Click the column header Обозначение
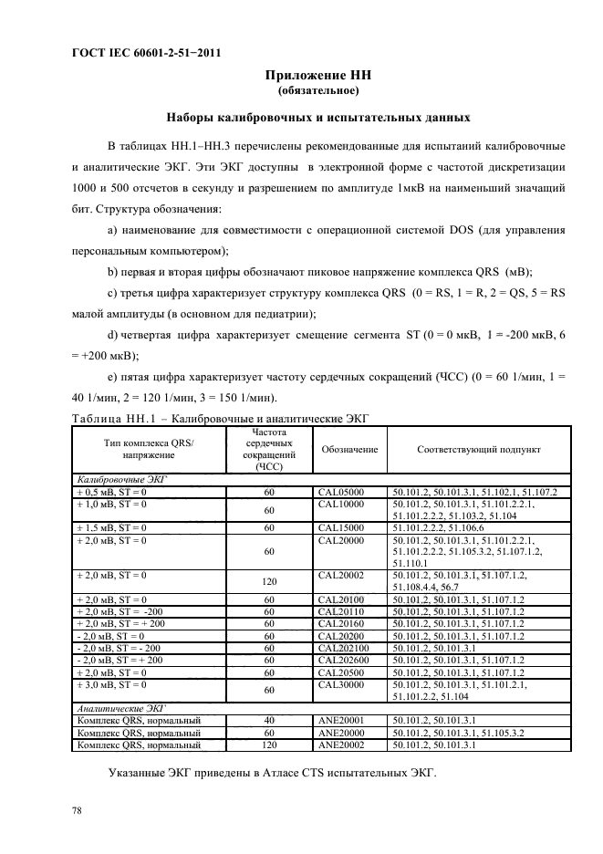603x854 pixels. coord(348,450)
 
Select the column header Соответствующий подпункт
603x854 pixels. coord(479,450)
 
